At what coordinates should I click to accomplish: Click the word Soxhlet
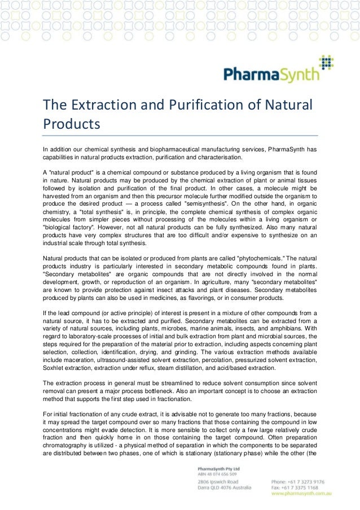pyautogui.click(x=56, y=368)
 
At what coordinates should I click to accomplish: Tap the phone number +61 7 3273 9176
pyautogui.click(x=301, y=482)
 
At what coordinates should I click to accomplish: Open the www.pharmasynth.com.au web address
pyautogui.click(x=301, y=494)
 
